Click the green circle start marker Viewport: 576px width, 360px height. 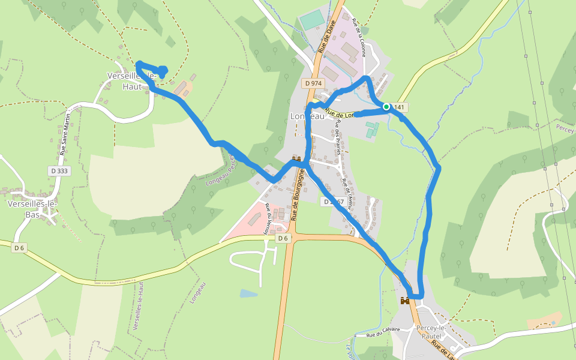(x=386, y=107)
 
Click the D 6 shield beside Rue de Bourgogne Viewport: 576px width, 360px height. (x=283, y=238)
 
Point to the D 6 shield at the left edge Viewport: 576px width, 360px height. (x=19, y=248)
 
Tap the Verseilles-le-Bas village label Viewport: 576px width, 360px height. (x=32, y=208)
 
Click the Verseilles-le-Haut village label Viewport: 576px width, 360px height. (x=131, y=81)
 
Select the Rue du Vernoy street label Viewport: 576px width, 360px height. (x=265, y=220)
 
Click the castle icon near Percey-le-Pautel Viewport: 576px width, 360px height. (x=406, y=300)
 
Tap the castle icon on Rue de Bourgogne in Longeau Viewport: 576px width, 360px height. (x=296, y=159)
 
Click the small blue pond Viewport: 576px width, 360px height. (x=248, y=293)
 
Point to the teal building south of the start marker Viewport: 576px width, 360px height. (x=372, y=128)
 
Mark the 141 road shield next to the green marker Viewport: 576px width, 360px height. (x=398, y=107)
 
